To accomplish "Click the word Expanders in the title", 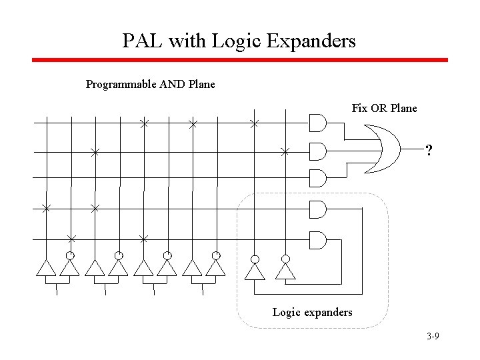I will tap(311, 41).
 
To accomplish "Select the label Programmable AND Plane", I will tap(151, 85).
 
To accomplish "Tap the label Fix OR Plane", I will tap(384, 108).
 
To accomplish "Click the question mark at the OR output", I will tap(430, 151).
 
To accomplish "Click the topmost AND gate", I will tap(317, 123).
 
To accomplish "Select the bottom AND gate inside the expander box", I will tap(317, 239).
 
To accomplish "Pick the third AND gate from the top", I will tap(317, 179).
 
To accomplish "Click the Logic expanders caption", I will tap(312, 311).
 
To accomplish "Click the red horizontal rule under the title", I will tap(240, 60).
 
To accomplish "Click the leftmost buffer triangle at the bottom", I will tap(45, 267).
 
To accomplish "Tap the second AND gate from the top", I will tap(317, 153).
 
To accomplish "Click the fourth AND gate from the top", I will tap(317, 209).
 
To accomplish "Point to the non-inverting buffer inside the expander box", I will tap(254, 271).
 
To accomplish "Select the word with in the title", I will tap(187, 41).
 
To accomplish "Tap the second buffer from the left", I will tap(69, 267).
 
